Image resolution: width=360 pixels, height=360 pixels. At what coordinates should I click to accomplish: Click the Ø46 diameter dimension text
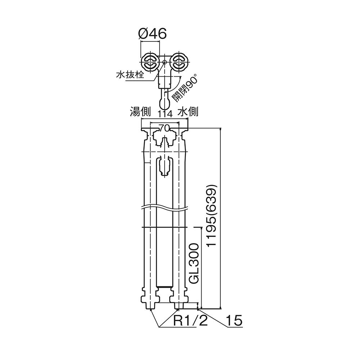pos(153,34)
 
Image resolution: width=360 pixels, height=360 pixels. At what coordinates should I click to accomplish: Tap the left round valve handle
pos(150,62)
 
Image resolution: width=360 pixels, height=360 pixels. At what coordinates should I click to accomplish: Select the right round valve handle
pos(179,62)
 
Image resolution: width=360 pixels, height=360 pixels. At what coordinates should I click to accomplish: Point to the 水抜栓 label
pos(130,75)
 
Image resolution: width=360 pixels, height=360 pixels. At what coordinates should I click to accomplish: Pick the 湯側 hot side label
pos(140,112)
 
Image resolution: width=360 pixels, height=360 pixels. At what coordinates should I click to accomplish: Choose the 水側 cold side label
pos(188,112)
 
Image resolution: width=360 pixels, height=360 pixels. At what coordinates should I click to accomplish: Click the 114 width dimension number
pos(165,114)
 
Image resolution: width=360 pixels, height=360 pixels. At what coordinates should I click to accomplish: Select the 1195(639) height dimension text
pos(211,215)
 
